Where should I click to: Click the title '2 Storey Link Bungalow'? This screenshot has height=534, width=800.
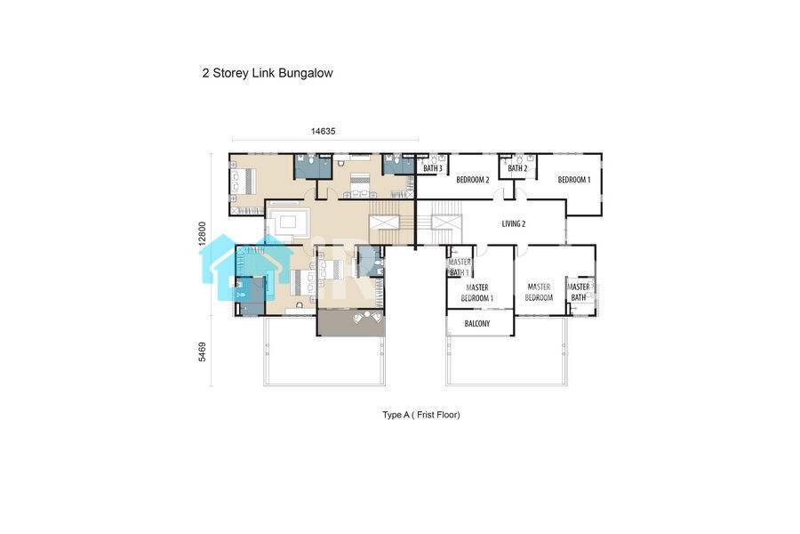268,73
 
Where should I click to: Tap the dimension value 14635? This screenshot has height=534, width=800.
323,132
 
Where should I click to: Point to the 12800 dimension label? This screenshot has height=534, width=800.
203,233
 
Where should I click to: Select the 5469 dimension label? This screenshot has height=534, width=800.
203,352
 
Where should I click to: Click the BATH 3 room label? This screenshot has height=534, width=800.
433,168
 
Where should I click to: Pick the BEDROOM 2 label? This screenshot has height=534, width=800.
473,180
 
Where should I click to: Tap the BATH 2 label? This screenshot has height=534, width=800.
517,168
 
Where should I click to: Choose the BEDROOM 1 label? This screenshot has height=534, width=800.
574,180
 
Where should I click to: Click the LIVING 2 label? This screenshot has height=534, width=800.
513,223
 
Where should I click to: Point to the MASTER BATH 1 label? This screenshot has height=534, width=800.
460,267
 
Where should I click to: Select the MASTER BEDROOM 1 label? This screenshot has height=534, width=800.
477,293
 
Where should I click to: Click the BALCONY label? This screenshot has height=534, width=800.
477,323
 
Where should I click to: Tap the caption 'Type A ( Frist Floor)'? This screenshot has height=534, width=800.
421,415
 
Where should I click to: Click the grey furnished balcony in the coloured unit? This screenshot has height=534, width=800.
350,322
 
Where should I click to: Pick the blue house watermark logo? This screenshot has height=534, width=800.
246,266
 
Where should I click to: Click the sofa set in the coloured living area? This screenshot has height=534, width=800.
288,222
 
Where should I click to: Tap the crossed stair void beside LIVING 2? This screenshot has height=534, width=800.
446,222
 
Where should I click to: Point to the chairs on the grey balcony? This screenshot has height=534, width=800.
367,317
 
